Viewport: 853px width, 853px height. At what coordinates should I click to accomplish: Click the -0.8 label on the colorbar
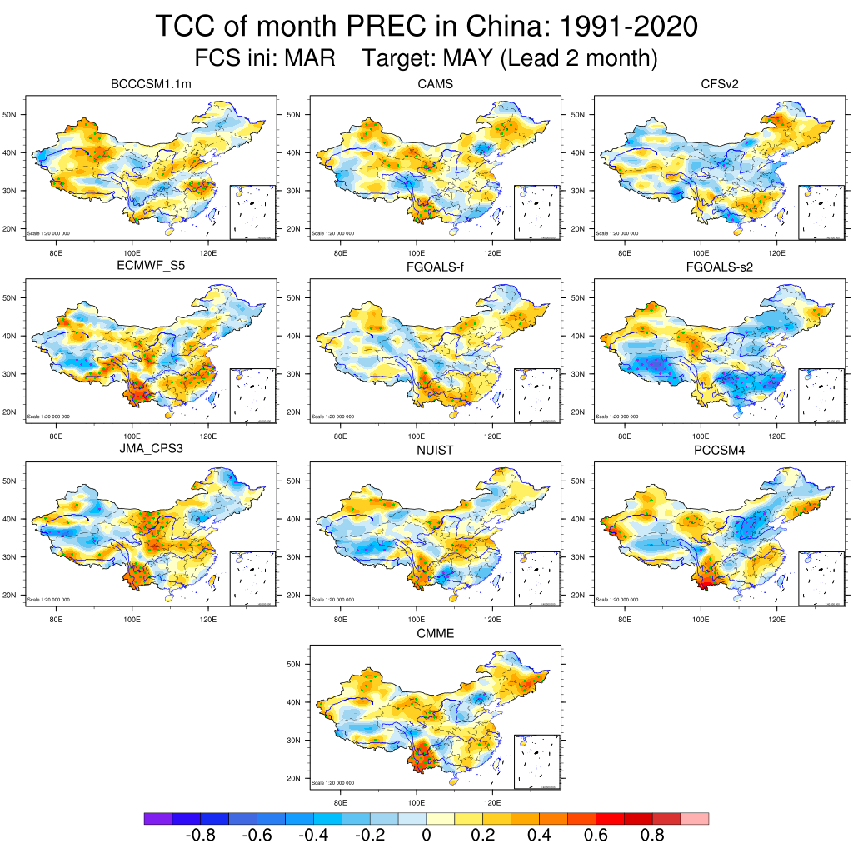pos(200,836)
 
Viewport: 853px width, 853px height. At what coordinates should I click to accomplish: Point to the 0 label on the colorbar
pos(426,836)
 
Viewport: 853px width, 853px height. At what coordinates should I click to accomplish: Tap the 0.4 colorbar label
pos(539,836)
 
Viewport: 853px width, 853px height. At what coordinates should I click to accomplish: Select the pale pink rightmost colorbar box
pos(695,819)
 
